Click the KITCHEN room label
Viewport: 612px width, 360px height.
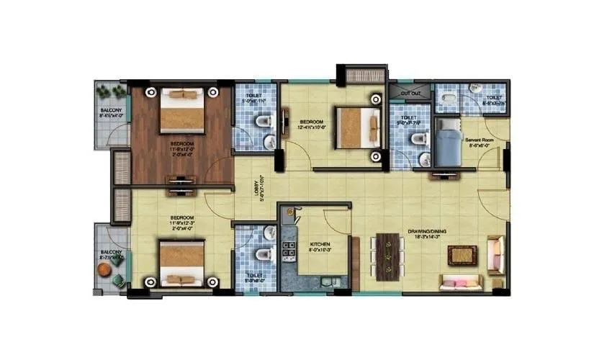[x=320, y=245]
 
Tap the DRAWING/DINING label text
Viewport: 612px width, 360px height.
[x=428, y=230]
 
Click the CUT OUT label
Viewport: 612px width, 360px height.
[x=410, y=94]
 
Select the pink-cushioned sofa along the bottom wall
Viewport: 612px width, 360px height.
[x=461, y=282]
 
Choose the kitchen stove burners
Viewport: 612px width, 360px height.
[x=289, y=250]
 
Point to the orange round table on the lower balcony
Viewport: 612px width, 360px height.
[x=106, y=269]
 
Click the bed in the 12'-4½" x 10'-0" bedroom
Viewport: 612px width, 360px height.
[x=358, y=126]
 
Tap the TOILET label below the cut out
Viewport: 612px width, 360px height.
[x=408, y=118]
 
